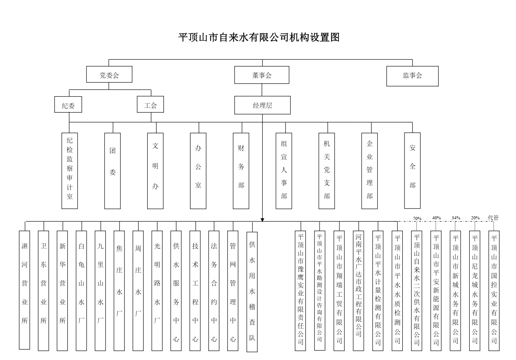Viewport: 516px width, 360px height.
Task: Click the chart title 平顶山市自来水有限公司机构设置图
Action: (259, 37)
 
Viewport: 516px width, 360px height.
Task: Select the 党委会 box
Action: (109, 74)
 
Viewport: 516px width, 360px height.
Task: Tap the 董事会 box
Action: (262, 75)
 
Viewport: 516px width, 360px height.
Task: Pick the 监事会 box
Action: (412, 76)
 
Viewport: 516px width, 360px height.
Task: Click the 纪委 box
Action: (68, 104)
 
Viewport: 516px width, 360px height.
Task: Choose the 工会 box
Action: (150, 104)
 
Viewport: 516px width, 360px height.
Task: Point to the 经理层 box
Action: (263, 105)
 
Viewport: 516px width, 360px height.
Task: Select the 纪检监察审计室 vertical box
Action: (70, 171)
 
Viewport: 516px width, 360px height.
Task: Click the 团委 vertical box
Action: (113, 171)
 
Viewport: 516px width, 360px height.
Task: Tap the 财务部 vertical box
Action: (241, 171)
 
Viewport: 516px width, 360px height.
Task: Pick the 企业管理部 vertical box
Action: (370, 171)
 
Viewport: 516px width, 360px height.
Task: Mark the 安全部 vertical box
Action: (412, 170)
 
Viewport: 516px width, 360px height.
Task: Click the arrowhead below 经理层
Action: (263, 220)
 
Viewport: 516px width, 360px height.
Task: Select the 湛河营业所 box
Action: (24, 290)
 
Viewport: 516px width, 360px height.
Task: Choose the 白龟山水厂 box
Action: (81, 291)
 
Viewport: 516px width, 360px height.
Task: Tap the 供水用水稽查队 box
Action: (252, 292)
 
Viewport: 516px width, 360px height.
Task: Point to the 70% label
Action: (417, 219)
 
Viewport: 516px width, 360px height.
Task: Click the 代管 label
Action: (493, 218)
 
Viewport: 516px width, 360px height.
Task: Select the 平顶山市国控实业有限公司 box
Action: (494, 291)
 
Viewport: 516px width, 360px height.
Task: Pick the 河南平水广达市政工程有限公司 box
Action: (358, 291)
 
